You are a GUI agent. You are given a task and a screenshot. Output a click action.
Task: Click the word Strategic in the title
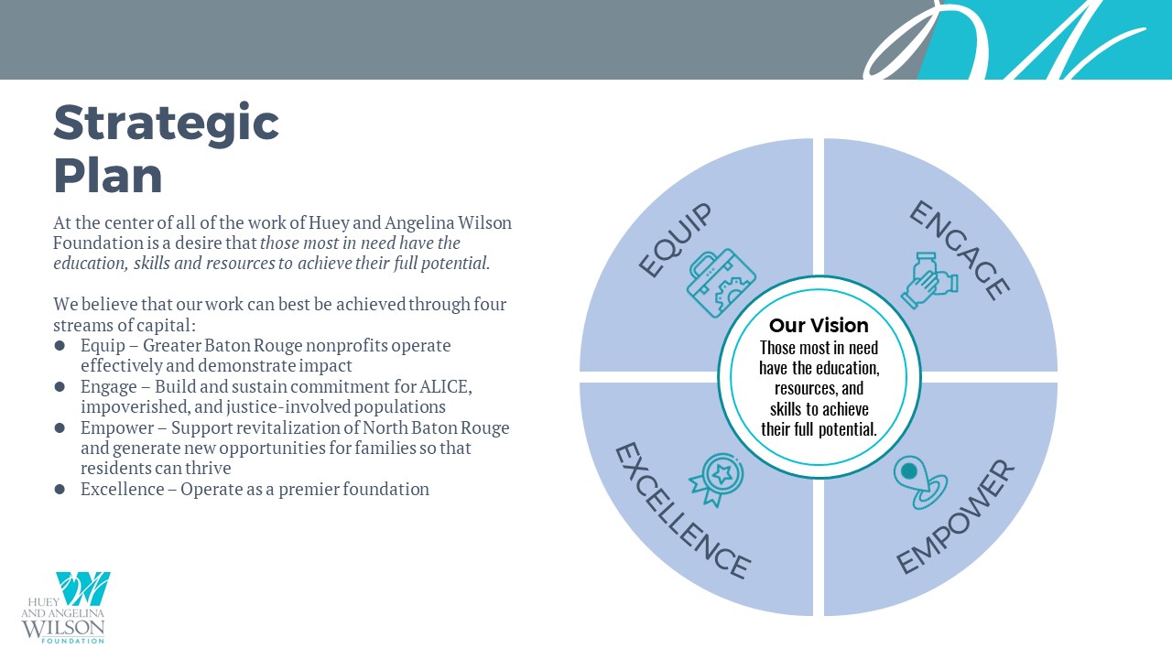(x=166, y=124)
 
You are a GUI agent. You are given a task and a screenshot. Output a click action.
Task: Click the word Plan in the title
(x=108, y=175)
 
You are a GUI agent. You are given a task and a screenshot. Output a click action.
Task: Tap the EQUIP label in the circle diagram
(x=676, y=240)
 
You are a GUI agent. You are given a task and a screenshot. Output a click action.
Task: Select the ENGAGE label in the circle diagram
(x=960, y=250)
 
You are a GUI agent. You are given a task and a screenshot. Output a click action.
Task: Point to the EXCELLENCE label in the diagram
(x=682, y=511)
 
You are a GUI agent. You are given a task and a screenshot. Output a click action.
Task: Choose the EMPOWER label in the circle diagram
(x=956, y=517)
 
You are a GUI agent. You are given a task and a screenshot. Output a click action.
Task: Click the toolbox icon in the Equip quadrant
(x=722, y=283)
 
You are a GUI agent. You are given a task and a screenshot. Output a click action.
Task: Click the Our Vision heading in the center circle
(x=819, y=326)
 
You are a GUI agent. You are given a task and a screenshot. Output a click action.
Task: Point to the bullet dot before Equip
(x=60, y=346)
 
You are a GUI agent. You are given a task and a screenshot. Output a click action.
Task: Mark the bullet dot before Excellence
(x=60, y=489)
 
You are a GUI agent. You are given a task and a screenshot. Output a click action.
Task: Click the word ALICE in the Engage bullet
(x=445, y=387)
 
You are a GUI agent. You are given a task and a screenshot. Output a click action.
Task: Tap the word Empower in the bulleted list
(x=117, y=428)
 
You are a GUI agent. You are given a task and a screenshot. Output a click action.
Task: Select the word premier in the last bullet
(x=309, y=490)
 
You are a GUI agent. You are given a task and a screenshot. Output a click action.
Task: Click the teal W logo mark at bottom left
(x=83, y=589)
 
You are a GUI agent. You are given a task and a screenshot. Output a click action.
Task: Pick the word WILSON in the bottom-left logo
(x=63, y=628)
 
